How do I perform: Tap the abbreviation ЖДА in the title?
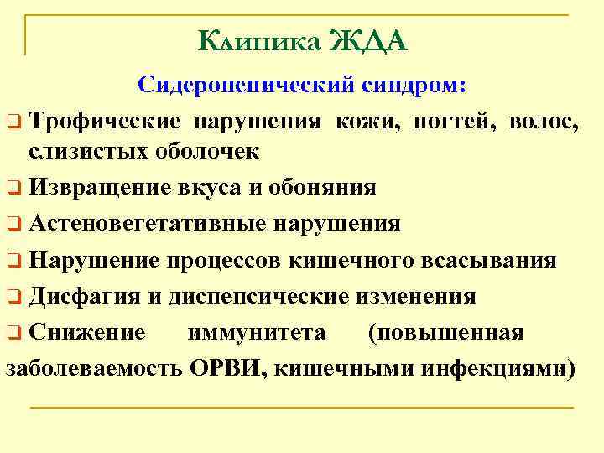(x=368, y=40)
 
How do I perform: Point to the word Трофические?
(x=104, y=122)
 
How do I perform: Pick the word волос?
(x=544, y=122)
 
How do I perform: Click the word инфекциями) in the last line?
(x=511, y=368)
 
